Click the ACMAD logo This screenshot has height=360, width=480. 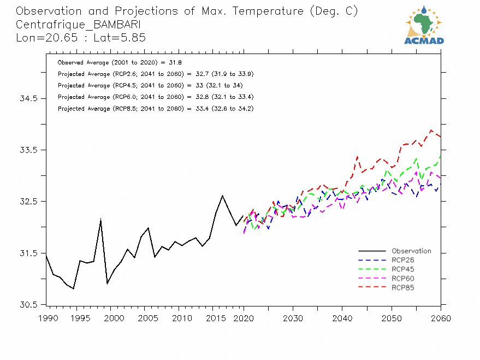(x=424, y=25)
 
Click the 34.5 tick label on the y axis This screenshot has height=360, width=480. (x=28, y=98)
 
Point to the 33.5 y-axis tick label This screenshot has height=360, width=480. (x=28, y=150)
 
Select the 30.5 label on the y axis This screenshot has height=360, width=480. (x=28, y=304)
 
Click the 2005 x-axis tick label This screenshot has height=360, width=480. (x=144, y=318)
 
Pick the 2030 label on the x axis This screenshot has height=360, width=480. (x=293, y=318)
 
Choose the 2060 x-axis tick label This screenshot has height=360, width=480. (x=440, y=318)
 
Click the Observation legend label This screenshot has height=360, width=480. (x=411, y=251)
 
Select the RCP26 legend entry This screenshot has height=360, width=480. (x=402, y=260)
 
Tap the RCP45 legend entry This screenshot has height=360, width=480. (x=402, y=269)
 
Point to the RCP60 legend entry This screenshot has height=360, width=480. (x=402, y=279)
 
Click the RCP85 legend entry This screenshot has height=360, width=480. (x=402, y=287)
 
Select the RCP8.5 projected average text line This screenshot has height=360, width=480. (x=155, y=109)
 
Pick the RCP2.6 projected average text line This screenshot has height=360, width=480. (x=155, y=74)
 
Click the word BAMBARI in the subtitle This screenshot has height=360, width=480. (x=117, y=25)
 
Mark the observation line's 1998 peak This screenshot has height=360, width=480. (x=100, y=219)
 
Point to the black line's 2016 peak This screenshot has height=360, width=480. (x=222, y=196)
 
